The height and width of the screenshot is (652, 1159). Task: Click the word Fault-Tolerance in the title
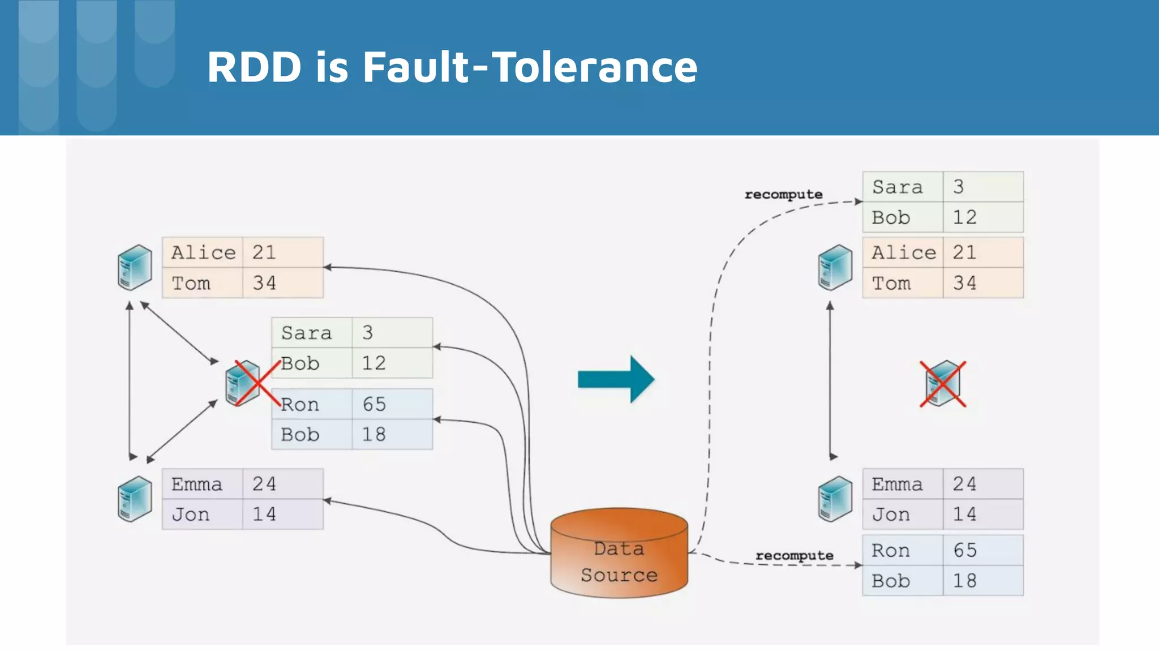pos(529,67)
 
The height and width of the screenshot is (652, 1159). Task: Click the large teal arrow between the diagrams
pos(616,379)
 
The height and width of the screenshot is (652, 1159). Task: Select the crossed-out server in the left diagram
pos(244,384)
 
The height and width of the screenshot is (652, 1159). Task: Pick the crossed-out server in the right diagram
pos(943,384)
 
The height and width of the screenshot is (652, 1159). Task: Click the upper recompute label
pos(783,194)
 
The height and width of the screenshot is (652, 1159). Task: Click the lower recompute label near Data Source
pos(794,555)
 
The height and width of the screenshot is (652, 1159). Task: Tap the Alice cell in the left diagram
pos(203,252)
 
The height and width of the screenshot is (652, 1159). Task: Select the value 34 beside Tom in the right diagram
pos(964,283)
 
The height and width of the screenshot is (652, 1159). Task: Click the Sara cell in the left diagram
pos(306,333)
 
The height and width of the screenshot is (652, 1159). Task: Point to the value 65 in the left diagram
pos(374,404)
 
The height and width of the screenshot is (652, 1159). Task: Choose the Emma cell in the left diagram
pos(197,484)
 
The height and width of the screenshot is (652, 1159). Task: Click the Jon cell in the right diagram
pos(891,514)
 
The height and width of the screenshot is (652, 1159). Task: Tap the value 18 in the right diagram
pos(964,581)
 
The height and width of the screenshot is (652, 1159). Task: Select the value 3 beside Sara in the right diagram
pos(958,187)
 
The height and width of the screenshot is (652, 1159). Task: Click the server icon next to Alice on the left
pos(135,267)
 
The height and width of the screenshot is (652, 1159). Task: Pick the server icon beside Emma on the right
pos(835,499)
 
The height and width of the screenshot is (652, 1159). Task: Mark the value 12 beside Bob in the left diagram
pos(374,363)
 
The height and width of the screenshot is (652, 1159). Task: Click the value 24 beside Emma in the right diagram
pos(964,484)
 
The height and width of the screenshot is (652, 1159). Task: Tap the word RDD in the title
pos(254,67)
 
